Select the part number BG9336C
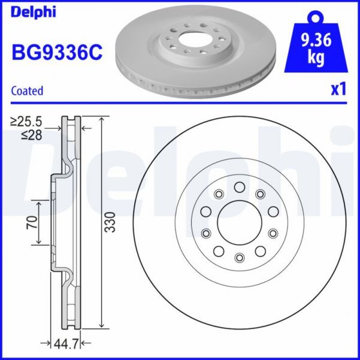(57, 53)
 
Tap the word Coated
(28, 91)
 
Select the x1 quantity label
(338, 90)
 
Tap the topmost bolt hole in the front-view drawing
(239, 187)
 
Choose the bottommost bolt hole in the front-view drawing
(239, 258)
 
